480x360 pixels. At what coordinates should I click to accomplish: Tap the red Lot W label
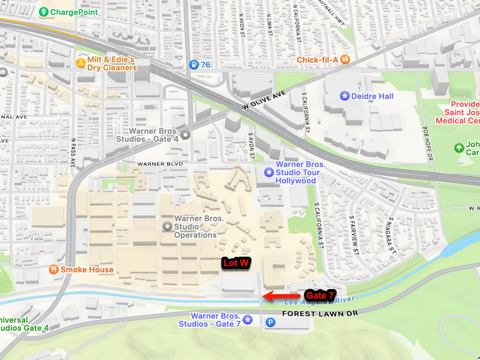click(236, 263)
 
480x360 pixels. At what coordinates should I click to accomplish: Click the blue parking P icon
click(270, 323)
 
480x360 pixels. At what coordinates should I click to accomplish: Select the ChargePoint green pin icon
click(43, 12)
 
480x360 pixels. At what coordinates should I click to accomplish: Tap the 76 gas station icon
click(194, 65)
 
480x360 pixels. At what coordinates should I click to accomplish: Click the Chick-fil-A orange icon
click(346, 59)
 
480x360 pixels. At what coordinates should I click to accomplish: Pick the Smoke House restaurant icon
click(53, 270)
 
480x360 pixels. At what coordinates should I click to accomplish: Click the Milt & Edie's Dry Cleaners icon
click(80, 63)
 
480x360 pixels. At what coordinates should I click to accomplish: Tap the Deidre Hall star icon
click(344, 96)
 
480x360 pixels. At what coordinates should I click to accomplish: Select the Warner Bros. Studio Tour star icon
click(268, 173)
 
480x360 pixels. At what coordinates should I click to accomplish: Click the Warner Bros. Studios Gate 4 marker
click(186, 136)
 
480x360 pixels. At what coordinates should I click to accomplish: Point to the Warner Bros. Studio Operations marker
click(167, 226)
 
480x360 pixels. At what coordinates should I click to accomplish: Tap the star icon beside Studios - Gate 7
click(247, 320)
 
